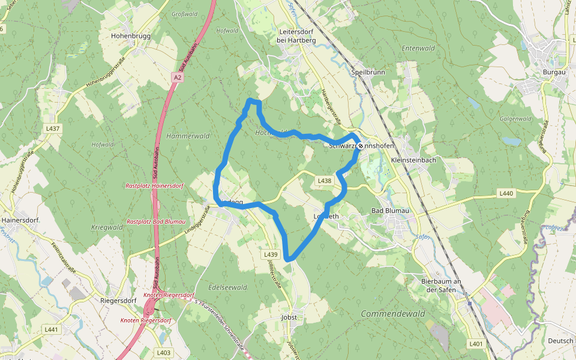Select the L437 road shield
click(x=53, y=128)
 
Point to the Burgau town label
click(x=554, y=72)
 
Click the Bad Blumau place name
click(x=389, y=211)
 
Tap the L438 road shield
click(x=324, y=181)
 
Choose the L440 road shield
click(x=506, y=193)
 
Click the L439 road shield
click(x=271, y=254)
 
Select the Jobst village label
click(x=289, y=317)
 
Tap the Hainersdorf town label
click(x=20, y=220)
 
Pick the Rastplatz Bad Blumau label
click(x=155, y=221)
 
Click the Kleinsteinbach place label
click(x=413, y=160)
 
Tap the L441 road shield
click(x=52, y=329)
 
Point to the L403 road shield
click(x=164, y=352)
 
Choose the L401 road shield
click(x=476, y=344)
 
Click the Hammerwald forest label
click(x=188, y=136)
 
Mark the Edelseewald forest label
click(x=227, y=287)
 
